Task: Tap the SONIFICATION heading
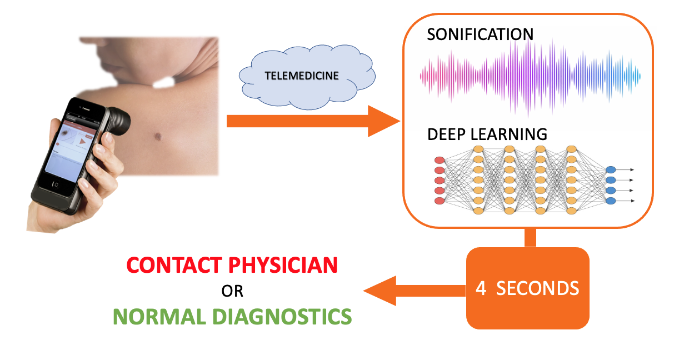pyautogui.click(x=480, y=34)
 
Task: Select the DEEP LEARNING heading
pyautogui.click(x=487, y=134)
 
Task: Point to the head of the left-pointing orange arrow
pyautogui.click(x=378, y=291)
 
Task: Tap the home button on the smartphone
pyautogui.click(x=54, y=183)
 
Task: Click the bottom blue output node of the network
pyautogui.click(x=611, y=201)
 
